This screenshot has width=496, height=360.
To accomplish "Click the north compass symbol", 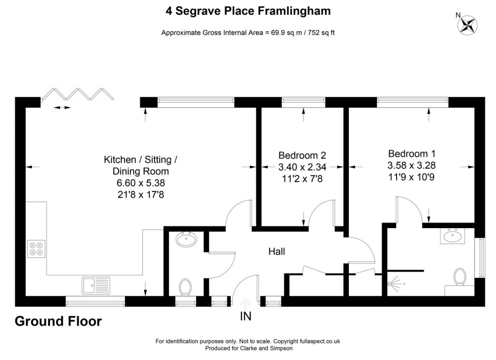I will click(x=468, y=25).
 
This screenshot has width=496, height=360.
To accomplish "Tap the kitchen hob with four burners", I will click(x=37, y=249).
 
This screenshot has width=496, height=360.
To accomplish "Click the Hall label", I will click(x=277, y=251).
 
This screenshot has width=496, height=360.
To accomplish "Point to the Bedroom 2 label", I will click(x=302, y=156).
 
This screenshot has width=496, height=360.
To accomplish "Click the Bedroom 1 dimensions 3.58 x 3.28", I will click(x=411, y=165).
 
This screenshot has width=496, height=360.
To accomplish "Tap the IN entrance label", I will click(x=246, y=318).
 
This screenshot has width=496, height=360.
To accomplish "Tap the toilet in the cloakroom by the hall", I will click(x=185, y=286).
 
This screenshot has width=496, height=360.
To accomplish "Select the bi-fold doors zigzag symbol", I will click(x=77, y=94).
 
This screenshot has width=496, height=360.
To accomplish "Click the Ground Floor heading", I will click(x=58, y=321).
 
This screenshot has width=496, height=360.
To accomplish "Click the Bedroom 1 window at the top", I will click(x=412, y=101).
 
